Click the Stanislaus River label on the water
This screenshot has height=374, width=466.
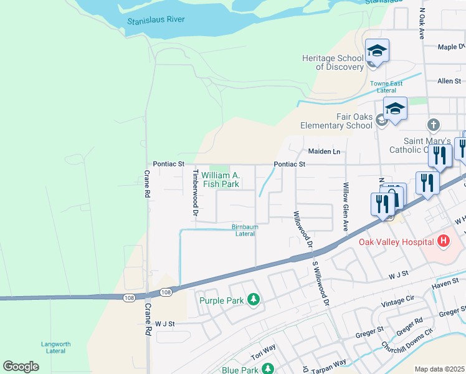coord(156,20)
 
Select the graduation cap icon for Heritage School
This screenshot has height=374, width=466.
coord(377,49)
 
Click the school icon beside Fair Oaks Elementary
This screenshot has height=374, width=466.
coord(395,108)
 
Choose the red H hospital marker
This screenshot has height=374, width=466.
coord(443,241)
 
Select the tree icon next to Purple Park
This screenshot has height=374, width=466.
coord(253,300)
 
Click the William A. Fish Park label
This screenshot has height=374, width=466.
coord(221,180)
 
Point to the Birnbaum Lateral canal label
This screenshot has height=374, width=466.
coord(245,230)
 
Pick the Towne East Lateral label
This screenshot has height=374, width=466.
coord(386,87)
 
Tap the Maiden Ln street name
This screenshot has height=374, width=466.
coord(324,151)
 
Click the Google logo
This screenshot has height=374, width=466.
coord(21,367)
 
